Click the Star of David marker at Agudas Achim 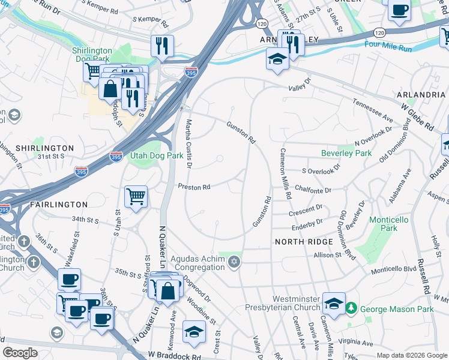click(235, 260)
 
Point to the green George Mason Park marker click(351, 308)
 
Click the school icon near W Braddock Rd click(194, 332)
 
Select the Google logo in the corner click(20, 353)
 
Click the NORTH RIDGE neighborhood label click(304, 241)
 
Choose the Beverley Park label click(346, 153)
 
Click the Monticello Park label click(388, 224)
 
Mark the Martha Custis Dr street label click(188, 143)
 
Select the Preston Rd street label click(193, 187)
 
